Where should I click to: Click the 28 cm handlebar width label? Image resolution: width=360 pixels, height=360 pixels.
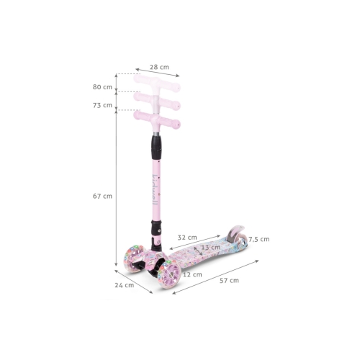click(x=159, y=67)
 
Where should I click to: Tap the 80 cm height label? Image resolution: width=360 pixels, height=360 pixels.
click(x=102, y=87)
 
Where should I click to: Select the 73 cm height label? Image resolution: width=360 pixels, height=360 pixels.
click(x=102, y=105)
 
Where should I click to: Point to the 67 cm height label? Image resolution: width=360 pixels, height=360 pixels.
click(x=102, y=196)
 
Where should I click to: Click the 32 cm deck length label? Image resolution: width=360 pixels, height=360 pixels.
click(x=187, y=238)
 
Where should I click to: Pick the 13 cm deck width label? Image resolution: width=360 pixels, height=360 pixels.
click(x=211, y=247)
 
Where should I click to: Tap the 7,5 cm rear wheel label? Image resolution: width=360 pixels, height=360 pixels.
click(x=259, y=239)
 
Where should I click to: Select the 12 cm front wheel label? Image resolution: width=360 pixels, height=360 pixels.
click(x=192, y=274)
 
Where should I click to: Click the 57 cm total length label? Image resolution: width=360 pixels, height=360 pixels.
click(x=230, y=280)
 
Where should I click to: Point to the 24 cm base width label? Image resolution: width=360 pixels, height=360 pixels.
click(x=125, y=285)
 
